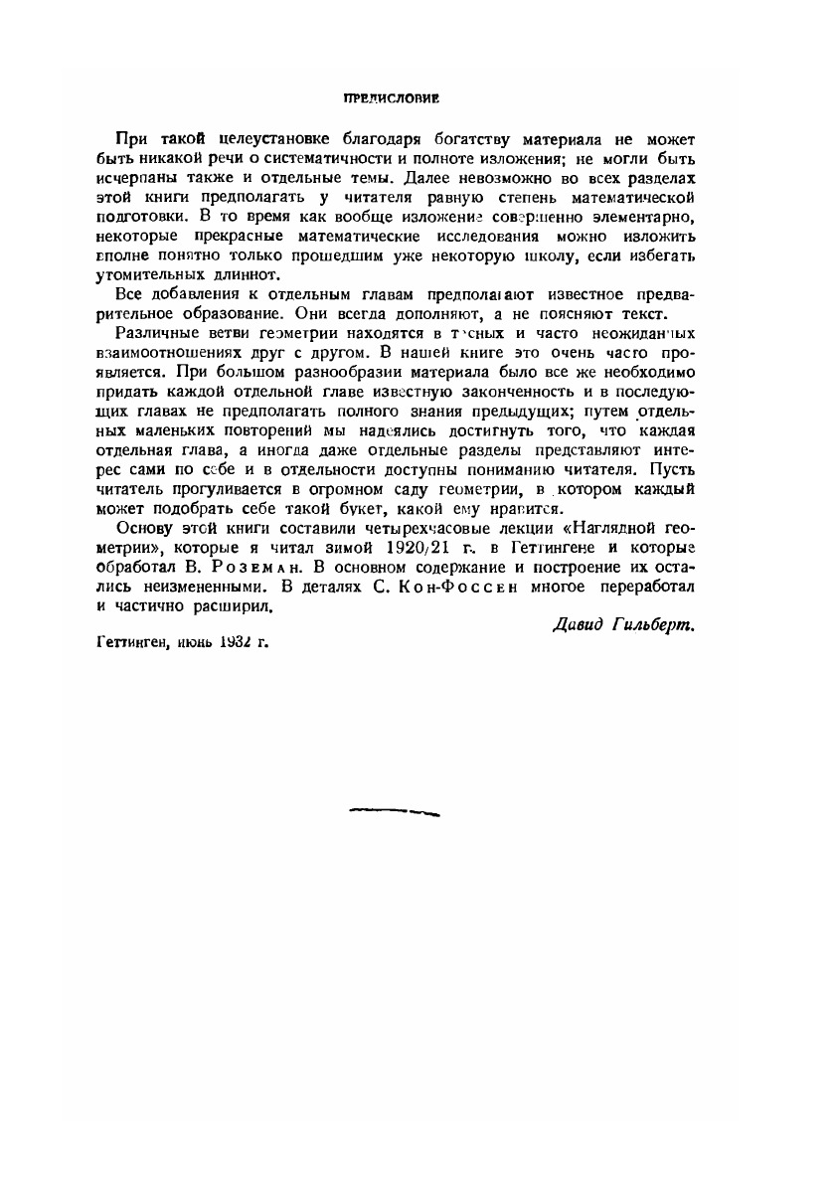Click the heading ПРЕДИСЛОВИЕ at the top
(x=391, y=99)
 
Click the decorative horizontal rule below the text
(x=394, y=811)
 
